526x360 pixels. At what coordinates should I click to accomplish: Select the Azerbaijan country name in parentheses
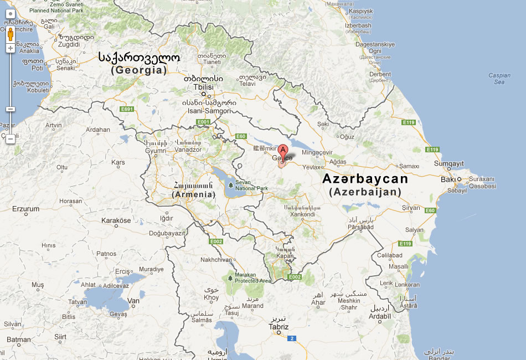coord(365,192)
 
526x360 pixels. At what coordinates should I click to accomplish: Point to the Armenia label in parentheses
coord(193,194)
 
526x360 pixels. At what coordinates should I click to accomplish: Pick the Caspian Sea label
coord(499,79)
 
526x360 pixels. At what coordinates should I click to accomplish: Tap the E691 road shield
coord(127,109)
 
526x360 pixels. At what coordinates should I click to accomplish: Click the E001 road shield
coord(203,122)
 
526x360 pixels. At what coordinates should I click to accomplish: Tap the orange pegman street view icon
coord(10,36)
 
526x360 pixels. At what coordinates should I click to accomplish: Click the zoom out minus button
coord(10,139)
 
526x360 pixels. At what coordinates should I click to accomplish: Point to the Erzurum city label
coord(27,209)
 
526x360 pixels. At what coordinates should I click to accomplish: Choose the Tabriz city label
coord(279,327)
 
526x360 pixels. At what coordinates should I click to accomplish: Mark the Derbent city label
coord(380,74)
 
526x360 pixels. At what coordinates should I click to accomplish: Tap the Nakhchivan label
coord(216,259)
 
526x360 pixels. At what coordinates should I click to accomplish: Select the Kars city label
coord(118,162)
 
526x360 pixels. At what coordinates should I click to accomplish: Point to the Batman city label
coord(19,340)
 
